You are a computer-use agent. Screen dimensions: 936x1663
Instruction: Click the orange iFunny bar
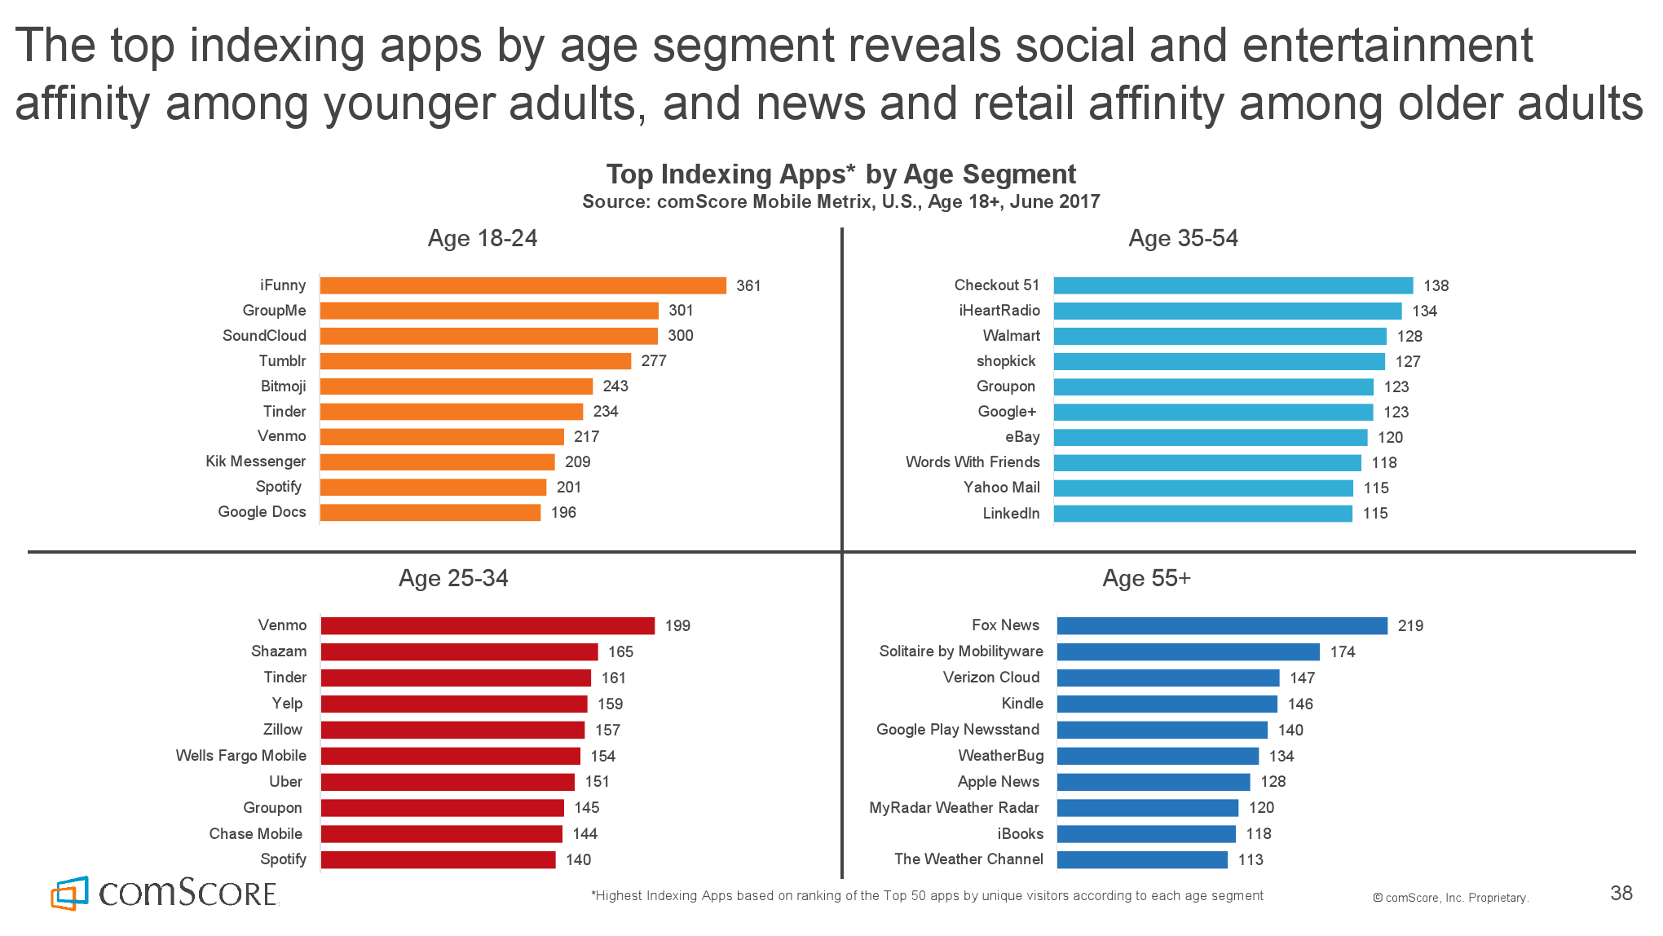point(523,285)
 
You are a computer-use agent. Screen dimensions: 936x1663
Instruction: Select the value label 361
point(748,286)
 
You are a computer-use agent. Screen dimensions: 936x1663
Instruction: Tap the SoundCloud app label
point(264,336)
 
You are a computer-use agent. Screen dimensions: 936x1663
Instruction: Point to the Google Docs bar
point(430,512)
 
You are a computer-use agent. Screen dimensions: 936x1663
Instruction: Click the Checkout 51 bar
point(1233,285)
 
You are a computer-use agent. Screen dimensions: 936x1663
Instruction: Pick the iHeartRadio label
point(999,311)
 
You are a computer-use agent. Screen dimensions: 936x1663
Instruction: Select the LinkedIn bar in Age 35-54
point(1202,514)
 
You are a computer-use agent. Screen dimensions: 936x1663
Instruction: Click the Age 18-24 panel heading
point(483,238)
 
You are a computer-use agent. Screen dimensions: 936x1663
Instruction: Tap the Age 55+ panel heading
point(1146,578)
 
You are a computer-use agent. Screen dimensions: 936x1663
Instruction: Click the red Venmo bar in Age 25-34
point(487,625)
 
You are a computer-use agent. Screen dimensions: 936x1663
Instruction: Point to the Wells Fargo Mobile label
point(241,756)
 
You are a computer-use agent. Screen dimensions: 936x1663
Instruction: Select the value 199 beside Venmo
point(677,626)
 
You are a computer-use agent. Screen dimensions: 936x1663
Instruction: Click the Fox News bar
point(1222,625)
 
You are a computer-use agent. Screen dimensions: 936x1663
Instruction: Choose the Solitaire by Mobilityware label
point(961,651)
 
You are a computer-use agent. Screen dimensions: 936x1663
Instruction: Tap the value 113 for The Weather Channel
point(1251,860)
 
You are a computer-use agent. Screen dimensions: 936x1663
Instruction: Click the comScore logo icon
point(70,894)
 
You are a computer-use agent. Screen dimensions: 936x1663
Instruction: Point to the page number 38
point(1621,894)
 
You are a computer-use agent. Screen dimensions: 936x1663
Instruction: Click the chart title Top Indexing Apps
point(841,174)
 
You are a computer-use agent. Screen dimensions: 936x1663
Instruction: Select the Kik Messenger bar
point(437,462)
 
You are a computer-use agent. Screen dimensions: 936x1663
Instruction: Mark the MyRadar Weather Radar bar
point(1148,808)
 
